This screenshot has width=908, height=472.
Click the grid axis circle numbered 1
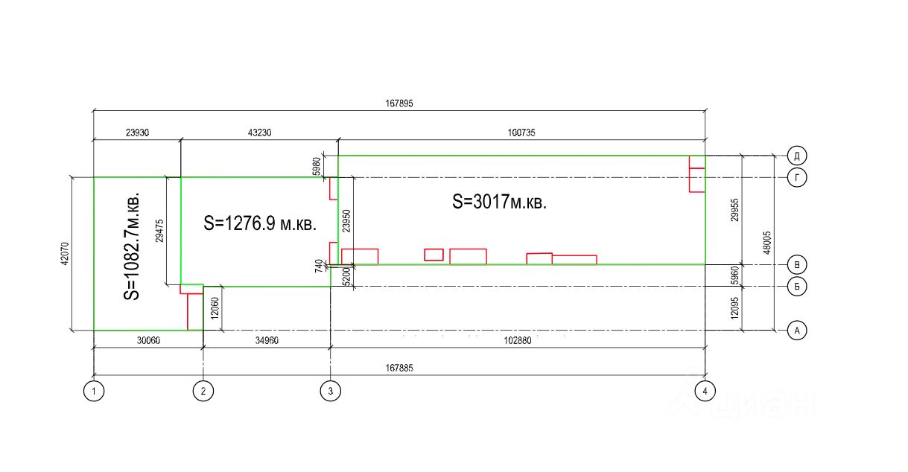tap(93, 390)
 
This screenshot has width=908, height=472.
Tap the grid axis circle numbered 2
tap(203, 390)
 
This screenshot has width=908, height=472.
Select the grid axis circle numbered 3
tap(330, 390)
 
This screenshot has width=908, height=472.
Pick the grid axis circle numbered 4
tap(705, 390)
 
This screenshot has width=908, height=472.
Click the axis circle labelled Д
tap(797, 156)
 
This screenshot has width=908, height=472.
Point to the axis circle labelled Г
tap(797, 177)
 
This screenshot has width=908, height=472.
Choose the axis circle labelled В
tap(797, 264)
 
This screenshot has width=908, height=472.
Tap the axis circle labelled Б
tap(797, 287)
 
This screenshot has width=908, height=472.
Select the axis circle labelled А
tap(797, 331)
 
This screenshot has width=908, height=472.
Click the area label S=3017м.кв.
tap(499, 202)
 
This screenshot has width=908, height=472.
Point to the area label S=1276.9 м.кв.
tap(259, 223)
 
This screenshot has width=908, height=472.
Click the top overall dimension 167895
tap(399, 104)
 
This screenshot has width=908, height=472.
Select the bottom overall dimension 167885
tap(399, 368)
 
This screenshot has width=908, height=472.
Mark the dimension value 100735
tap(521, 133)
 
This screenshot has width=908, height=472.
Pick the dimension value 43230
tap(259, 133)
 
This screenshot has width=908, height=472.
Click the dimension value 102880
tap(517, 340)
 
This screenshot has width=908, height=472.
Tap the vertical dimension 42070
tap(65, 253)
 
